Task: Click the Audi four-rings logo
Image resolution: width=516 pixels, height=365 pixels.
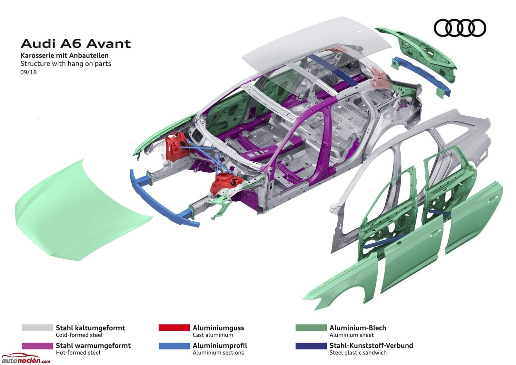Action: click(x=460, y=28)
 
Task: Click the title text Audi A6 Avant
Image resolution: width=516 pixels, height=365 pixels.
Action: click(x=76, y=44)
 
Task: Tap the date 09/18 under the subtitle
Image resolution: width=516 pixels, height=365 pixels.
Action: click(x=29, y=72)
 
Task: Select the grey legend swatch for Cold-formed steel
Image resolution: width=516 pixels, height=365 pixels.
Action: click(x=37, y=328)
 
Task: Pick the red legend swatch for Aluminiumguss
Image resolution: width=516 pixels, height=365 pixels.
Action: click(x=174, y=328)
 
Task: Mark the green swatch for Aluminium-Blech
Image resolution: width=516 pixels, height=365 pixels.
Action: click(x=311, y=328)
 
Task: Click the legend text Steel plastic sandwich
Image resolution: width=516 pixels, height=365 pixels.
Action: click(x=358, y=352)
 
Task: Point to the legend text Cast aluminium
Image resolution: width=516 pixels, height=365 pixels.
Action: click(x=213, y=335)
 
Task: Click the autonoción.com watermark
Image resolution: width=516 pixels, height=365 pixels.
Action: click(x=25, y=359)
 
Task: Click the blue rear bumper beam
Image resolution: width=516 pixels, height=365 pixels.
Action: click(x=422, y=76)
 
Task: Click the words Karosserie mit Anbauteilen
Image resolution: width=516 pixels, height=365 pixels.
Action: click(x=64, y=56)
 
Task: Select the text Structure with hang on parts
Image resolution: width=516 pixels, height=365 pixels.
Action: click(x=66, y=64)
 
